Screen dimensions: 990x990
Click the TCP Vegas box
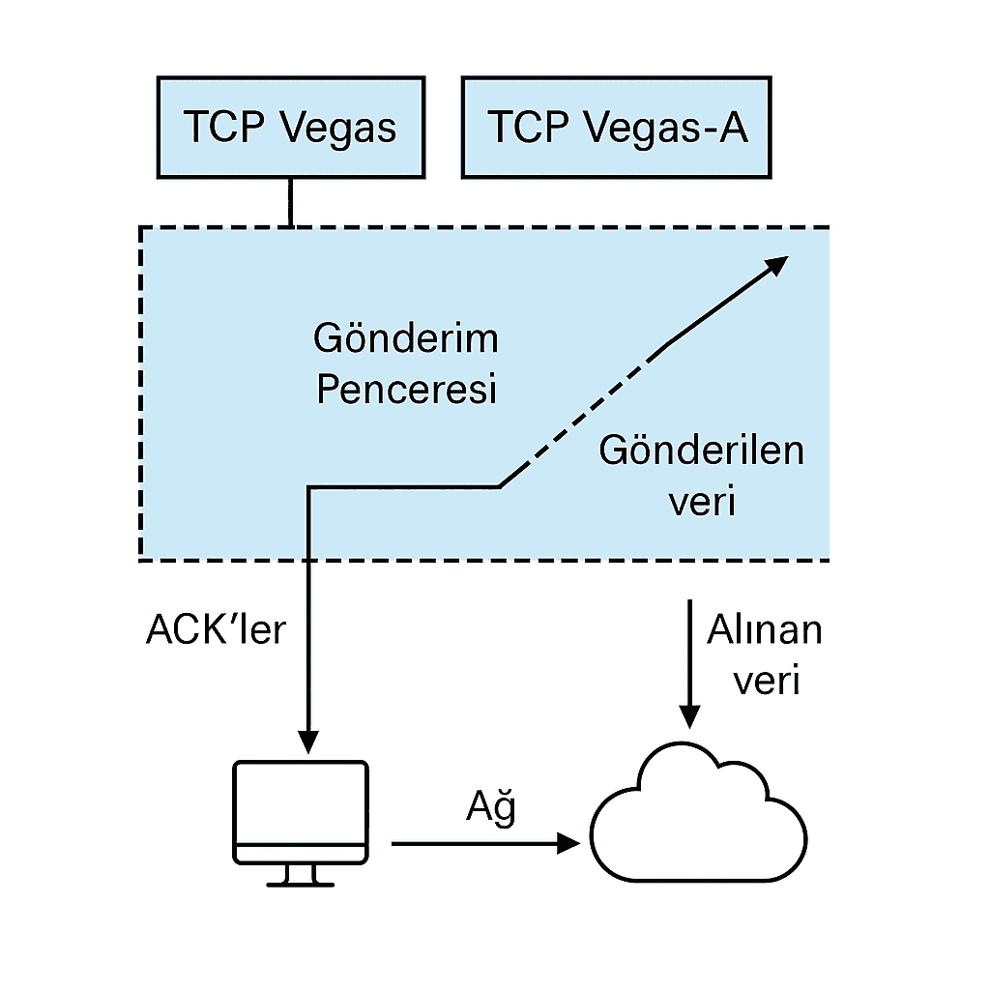(x=290, y=128)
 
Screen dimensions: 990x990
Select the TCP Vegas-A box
(x=618, y=128)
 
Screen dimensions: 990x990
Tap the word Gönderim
(x=406, y=338)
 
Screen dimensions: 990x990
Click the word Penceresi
(x=406, y=390)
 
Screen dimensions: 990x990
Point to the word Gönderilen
(x=701, y=451)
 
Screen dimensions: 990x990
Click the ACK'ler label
(x=216, y=630)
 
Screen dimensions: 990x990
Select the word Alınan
(x=764, y=630)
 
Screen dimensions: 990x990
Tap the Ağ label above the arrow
(x=490, y=807)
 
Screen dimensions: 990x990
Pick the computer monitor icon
(x=301, y=810)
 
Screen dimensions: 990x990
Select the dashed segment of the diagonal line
(x=580, y=416)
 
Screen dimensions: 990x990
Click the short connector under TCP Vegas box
(x=290, y=202)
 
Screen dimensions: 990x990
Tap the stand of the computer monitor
(x=301, y=875)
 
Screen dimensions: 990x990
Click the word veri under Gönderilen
(x=702, y=502)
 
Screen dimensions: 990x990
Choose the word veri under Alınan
(x=766, y=681)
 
